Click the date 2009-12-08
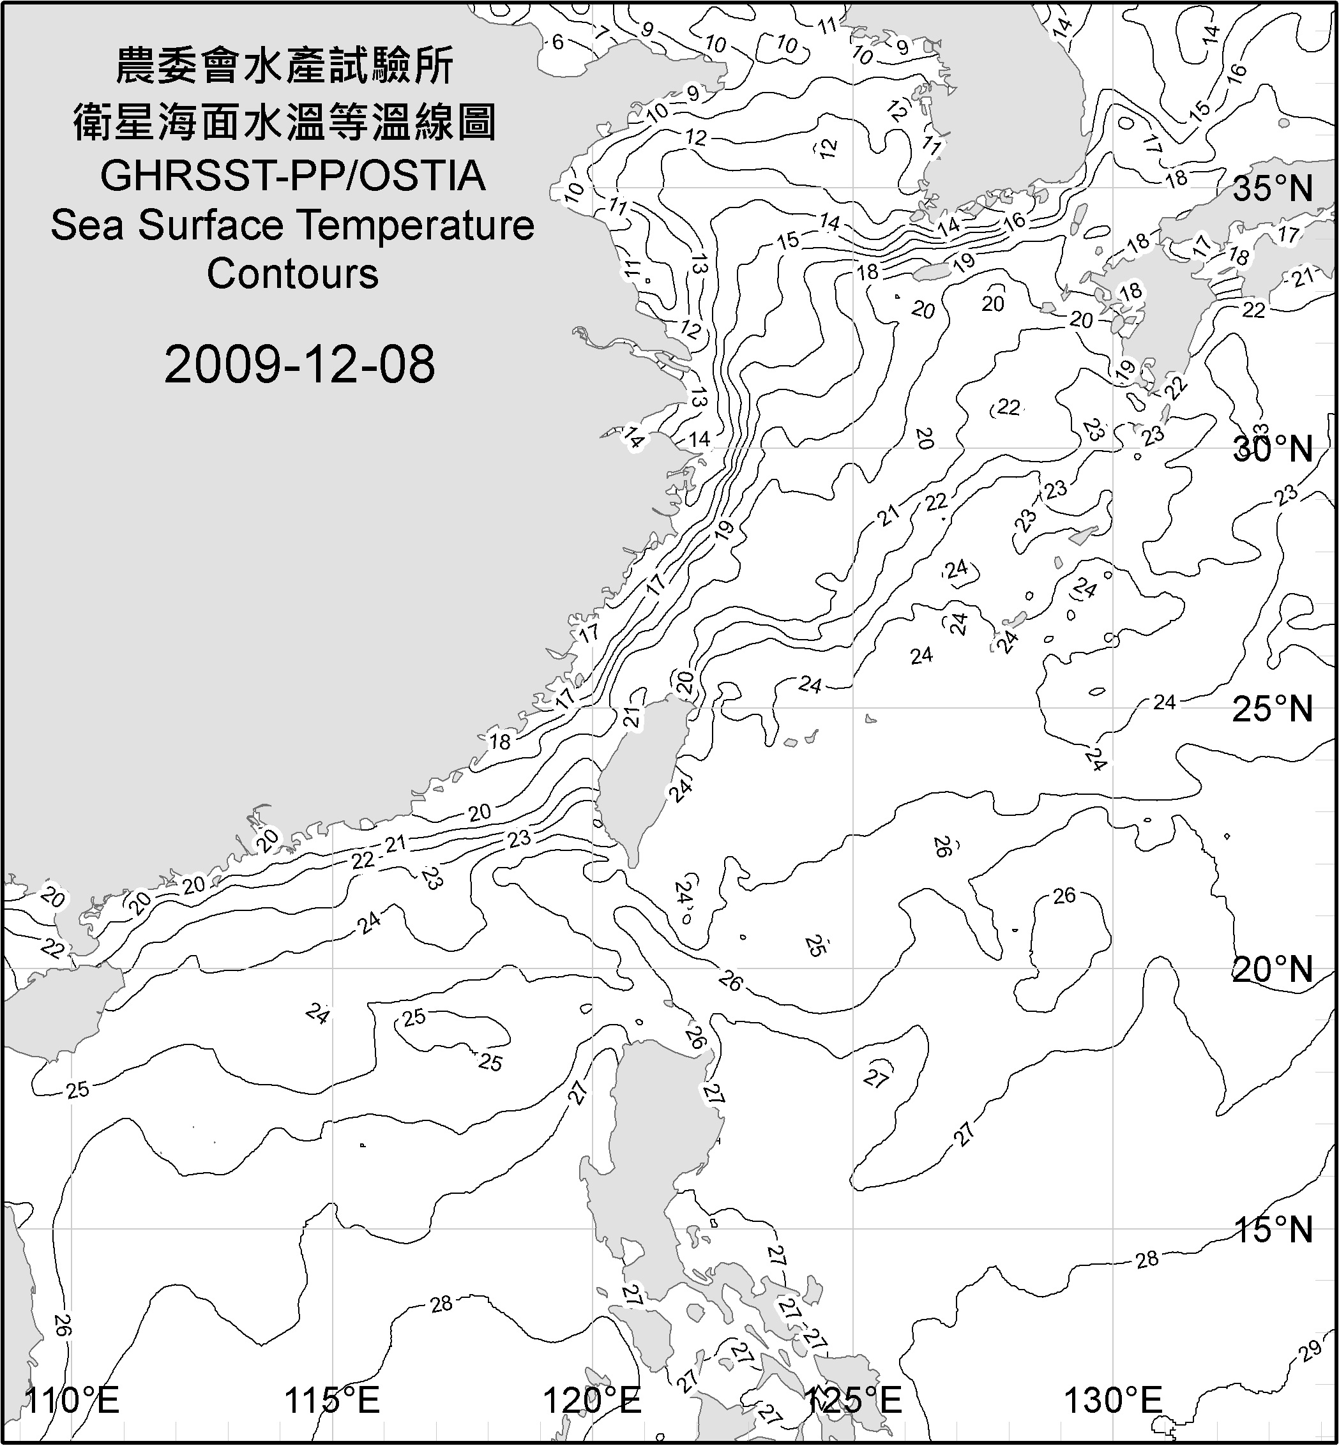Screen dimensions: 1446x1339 (299, 365)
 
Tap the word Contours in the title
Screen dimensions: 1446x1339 (292, 274)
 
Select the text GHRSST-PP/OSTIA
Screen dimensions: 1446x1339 (292, 176)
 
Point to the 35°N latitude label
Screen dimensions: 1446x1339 (1273, 189)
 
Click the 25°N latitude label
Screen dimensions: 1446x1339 (1273, 709)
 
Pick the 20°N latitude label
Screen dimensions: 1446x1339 (1273, 969)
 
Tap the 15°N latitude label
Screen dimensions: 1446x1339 (1273, 1230)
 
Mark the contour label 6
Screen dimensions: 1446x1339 (557, 42)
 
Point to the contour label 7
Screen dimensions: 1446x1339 (601, 32)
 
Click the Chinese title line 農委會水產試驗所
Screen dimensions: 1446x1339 (285, 66)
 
